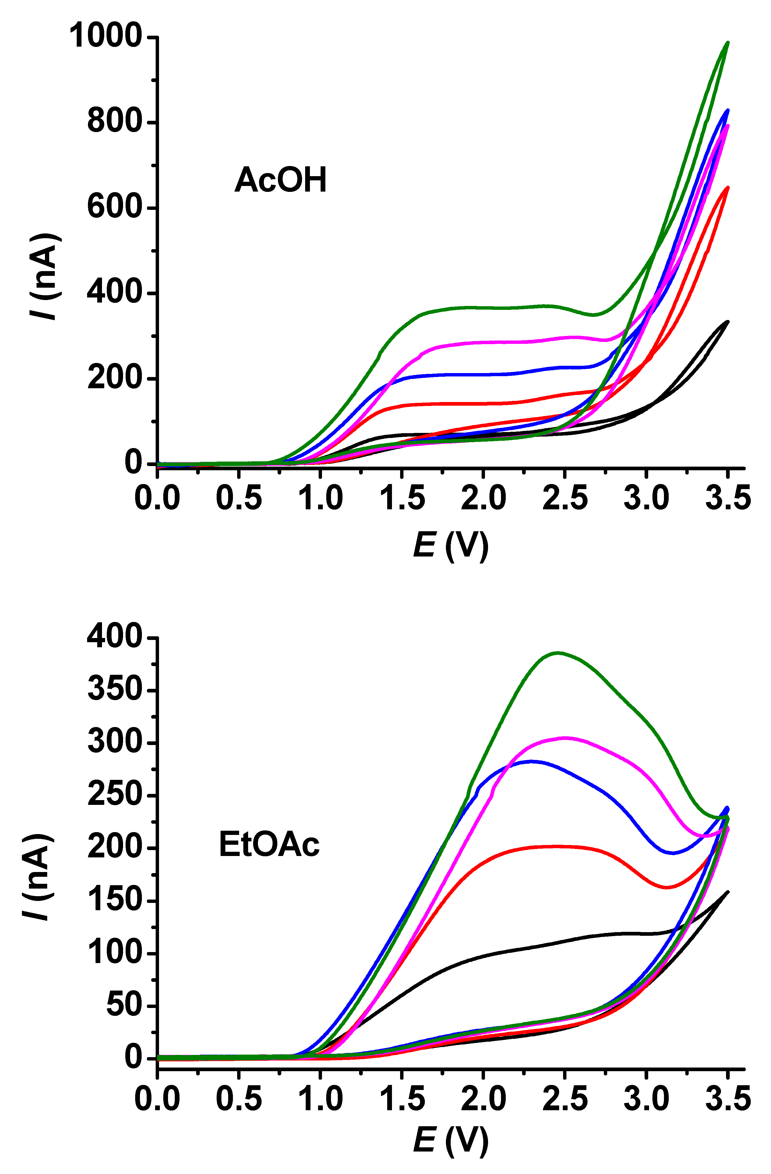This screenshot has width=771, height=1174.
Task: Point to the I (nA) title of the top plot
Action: [x=46, y=276]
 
